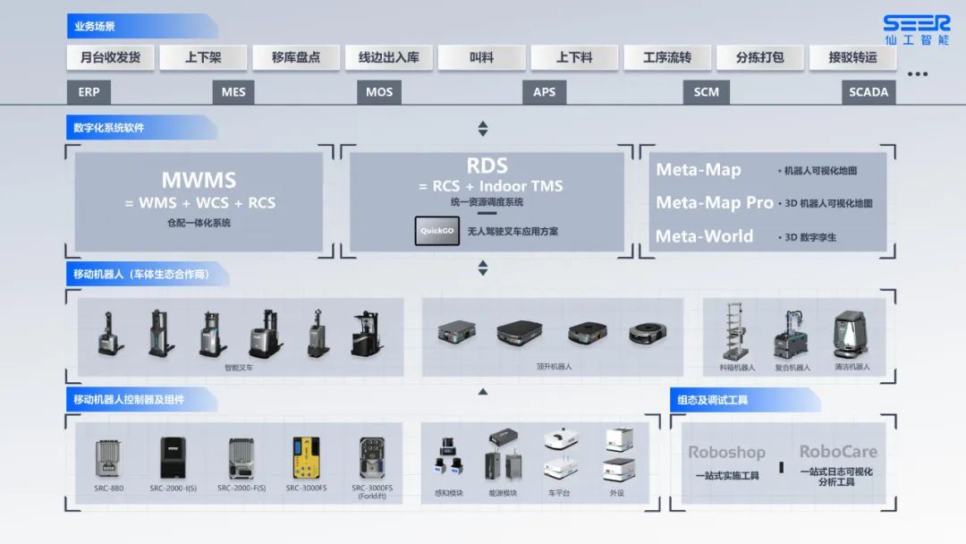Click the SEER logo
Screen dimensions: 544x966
(x=916, y=30)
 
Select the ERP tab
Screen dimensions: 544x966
(x=89, y=92)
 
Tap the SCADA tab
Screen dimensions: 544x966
(x=869, y=92)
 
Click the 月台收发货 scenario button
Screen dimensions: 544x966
(x=110, y=57)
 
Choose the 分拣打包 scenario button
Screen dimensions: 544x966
(x=759, y=57)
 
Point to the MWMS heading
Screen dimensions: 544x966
(x=198, y=180)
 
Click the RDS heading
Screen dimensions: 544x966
(x=487, y=166)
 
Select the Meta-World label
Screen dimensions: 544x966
(x=705, y=236)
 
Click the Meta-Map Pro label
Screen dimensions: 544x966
(x=715, y=202)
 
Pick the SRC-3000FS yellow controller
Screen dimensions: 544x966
(x=306, y=457)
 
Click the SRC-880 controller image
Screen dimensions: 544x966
(x=110, y=457)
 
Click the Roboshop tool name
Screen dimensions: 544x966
(x=726, y=453)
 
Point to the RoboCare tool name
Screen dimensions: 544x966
(x=838, y=452)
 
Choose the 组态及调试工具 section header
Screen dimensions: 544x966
(x=714, y=400)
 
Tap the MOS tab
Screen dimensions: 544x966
(x=379, y=92)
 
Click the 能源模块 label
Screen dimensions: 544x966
(x=503, y=493)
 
